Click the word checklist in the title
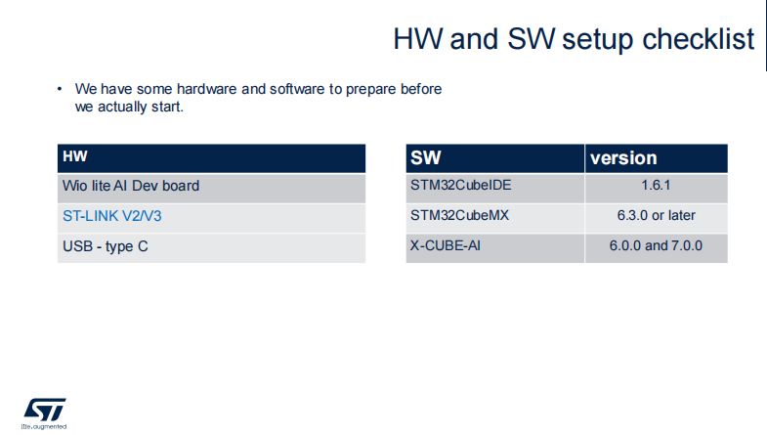point(698,39)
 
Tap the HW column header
point(211,158)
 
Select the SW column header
point(495,158)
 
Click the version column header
point(657,158)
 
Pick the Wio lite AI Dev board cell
point(211,189)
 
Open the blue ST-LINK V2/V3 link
point(112,216)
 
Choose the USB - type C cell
point(211,248)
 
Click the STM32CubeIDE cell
point(495,189)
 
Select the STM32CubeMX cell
point(495,218)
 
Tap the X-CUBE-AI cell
point(495,248)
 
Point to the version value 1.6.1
point(656,186)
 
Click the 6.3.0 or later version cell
point(657,218)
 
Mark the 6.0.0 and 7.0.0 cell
point(657,248)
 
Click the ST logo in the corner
point(45,410)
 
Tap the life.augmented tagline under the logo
point(44,426)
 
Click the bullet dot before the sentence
point(60,89)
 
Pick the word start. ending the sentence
point(167,107)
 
